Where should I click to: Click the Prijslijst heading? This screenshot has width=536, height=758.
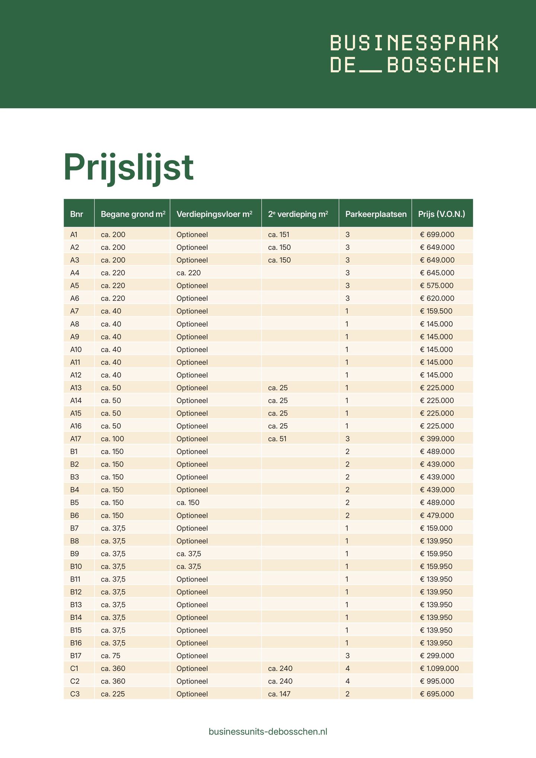point(128,168)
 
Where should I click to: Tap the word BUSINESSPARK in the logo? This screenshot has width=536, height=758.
point(414,43)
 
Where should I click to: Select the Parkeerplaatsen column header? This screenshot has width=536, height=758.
point(376,214)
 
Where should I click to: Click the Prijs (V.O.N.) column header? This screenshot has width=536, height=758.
point(441,214)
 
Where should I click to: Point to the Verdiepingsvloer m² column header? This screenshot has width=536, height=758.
point(214,214)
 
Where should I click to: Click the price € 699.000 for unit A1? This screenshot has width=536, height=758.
point(437,235)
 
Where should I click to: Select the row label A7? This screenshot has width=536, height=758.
point(74,311)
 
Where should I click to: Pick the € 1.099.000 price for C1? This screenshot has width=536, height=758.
point(439,668)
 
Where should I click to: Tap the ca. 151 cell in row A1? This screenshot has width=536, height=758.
point(278,235)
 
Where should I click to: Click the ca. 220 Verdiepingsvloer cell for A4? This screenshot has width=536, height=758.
point(188,273)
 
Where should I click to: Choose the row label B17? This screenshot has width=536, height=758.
point(76,656)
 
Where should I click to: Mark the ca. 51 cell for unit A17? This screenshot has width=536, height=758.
point(277,439)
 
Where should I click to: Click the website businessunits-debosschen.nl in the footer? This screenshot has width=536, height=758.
point(268,732)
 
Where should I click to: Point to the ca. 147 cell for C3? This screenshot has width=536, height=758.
point(279,694)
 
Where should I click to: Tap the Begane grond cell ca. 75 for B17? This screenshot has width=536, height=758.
point(111,656)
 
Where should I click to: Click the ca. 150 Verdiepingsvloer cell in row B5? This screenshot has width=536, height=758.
point(188,502)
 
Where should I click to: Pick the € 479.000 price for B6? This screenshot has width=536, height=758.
point(437,515)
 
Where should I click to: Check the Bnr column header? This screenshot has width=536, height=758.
point(77,214)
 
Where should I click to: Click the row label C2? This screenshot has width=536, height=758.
point(74,681)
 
